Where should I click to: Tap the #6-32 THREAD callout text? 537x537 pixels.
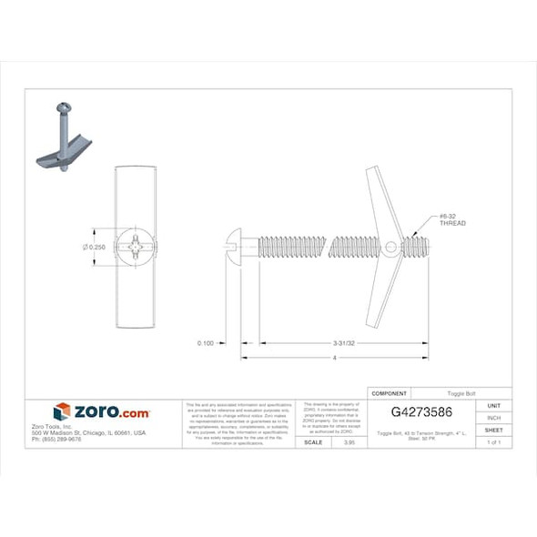(452, 219)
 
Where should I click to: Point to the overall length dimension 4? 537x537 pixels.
(335, 358)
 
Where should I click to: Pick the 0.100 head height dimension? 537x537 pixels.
(205, 344)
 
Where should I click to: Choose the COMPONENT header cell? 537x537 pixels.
(390, 393)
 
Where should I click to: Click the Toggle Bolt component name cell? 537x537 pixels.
(461, 393)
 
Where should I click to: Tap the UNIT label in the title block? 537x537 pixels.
(494, 405)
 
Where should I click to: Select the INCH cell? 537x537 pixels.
(494, 417)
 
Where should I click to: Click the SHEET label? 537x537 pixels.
(494, 430)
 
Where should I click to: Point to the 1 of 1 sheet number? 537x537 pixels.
(494, 441)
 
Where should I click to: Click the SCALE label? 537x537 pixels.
(313, 441)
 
